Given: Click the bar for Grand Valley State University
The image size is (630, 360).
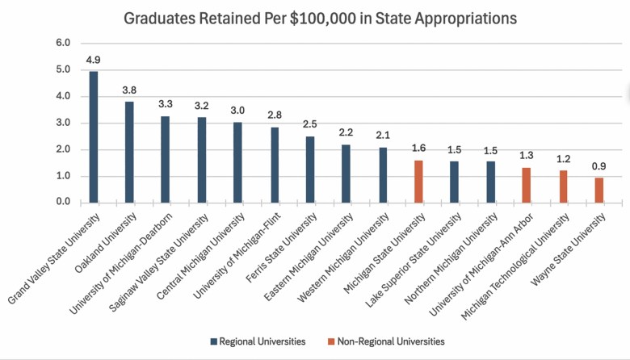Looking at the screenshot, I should [93, 137].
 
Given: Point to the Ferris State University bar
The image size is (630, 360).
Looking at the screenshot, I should [310, 170].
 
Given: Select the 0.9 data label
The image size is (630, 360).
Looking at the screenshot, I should [598, 166].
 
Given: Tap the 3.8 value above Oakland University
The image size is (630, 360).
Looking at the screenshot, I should [129, 90].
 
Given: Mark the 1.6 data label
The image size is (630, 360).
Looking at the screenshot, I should [418, 149].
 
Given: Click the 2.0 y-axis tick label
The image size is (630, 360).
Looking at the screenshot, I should [63, 149].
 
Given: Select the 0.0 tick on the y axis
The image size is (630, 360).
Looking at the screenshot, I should [63, 203].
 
